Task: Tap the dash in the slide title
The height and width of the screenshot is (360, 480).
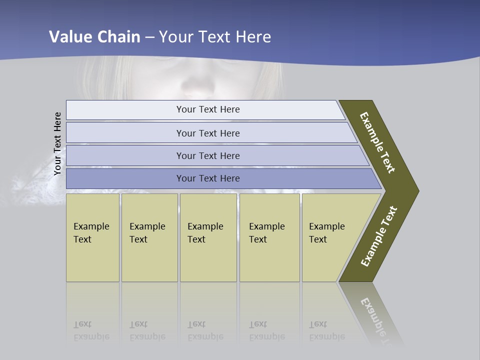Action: coord(149,37)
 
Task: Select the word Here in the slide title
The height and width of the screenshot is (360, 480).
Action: coord(253,36)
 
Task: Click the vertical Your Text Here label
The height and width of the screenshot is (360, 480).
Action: coord(57,144)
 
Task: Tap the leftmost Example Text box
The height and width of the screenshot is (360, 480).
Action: coord(92,237)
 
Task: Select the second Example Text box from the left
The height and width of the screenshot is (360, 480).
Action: coord(149,237)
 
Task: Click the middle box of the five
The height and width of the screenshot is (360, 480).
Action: coord(208,237)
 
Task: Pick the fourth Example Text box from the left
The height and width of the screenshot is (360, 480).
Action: coord(269,237)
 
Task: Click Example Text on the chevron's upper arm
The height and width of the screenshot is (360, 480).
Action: coord(377,142)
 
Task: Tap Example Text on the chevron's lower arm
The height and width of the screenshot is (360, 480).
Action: coord(378,236)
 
